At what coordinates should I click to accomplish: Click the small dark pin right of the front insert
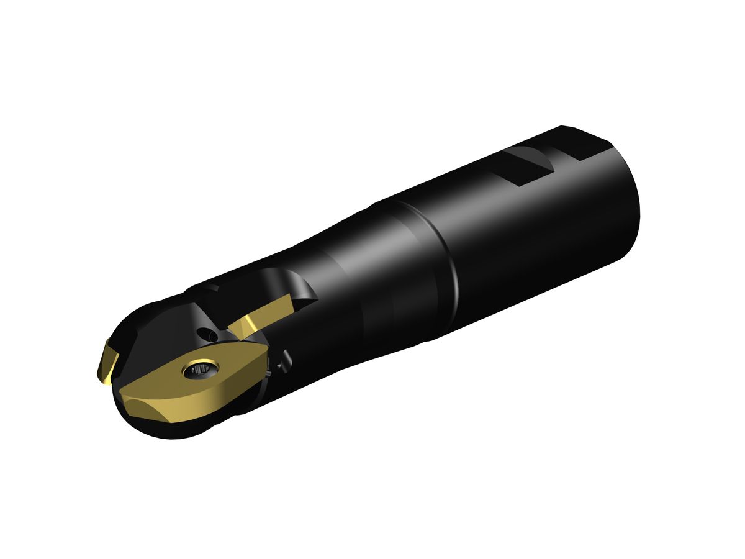pyautogui.click(x=285, y=359)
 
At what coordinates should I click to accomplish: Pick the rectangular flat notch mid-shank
pyautogui.click(x=528, y=168)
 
